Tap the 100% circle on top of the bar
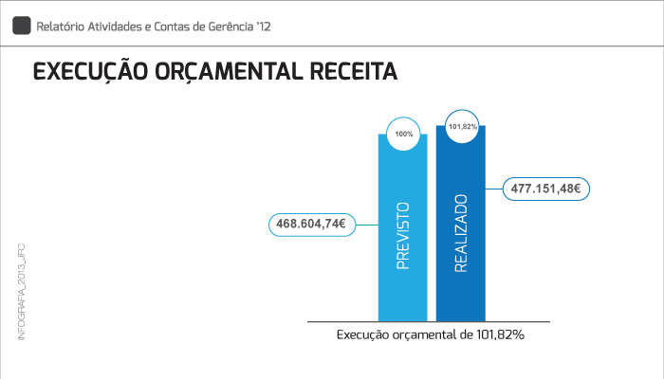click(404, 134)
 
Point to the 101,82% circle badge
click(462, 126)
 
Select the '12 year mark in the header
click(264, 27)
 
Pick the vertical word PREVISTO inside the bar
click(403, 236)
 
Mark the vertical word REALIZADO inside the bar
click(462, 234)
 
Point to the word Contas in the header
click(178, 27)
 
